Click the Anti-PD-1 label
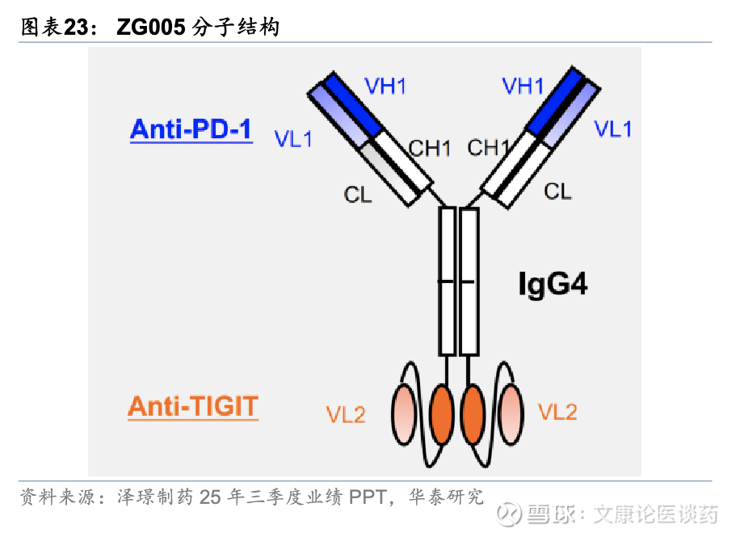(x=191, y=129)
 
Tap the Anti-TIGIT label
(x=192, y=406)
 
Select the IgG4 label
(x=553, y=284)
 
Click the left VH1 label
(x=385, y=87)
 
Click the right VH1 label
(x=523, y=86)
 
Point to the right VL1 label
(x=613, y=129)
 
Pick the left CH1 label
(x=429, y=149)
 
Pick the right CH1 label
(x=488, y=148)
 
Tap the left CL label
(x=358, y=194)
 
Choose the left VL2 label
(x=346, y=414)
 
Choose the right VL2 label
(x=557, y=412)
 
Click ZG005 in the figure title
(x=151, y=27)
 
